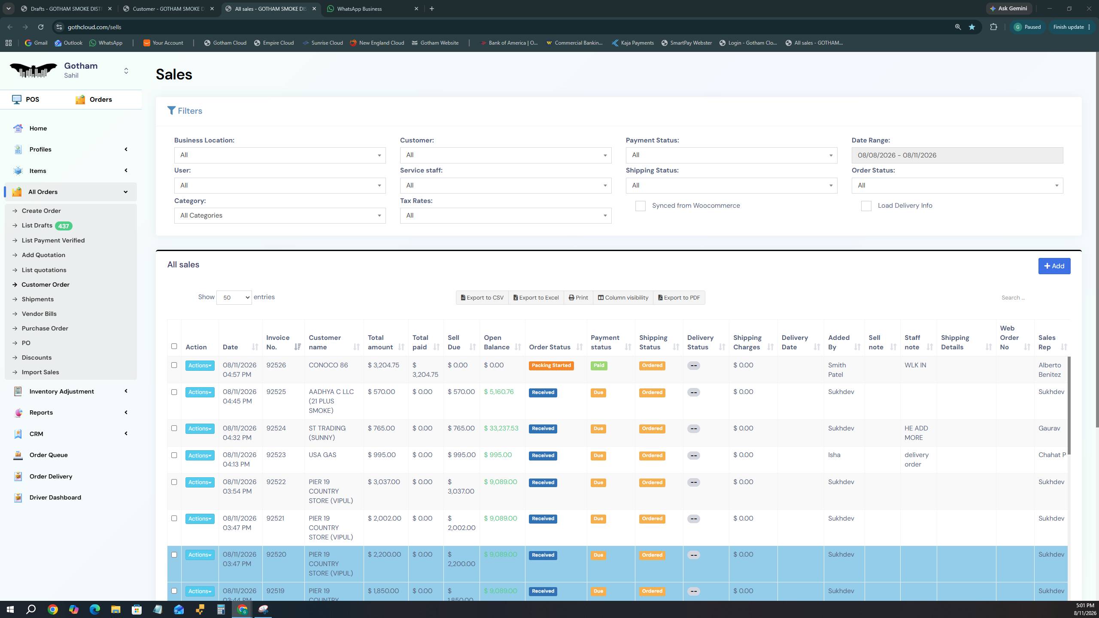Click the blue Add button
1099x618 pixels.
[1054, 266]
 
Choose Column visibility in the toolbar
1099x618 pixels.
[623, 297]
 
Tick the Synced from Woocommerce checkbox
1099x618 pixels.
[640, 206]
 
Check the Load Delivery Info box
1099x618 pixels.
[866, 206]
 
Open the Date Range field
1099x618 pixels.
[957, 155]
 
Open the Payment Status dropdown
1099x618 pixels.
[731, 155]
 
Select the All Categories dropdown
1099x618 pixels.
[279, 215]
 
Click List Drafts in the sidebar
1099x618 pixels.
[37, 225]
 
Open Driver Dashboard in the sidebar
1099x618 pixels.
[55, 497]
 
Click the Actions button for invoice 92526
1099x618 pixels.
[200, 366]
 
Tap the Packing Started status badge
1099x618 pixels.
[551, 366]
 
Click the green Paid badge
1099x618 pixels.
[598, 366]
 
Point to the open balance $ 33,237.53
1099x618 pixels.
[501, 428]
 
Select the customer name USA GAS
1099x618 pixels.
[322, 455]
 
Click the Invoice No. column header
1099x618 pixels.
[278, 342]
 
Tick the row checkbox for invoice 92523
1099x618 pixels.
[174, 455]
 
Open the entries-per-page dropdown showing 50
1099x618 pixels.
[234, 297]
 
